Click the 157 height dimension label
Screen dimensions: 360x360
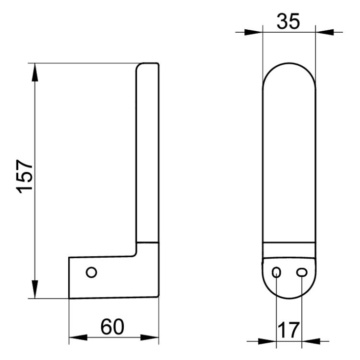[x=25, y=176]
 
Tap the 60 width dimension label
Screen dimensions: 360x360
[x=112, y=326]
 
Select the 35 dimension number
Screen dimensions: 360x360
[x=288, y=21]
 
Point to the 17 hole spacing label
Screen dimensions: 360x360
[x=288, y=330]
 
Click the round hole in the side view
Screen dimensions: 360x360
[x=91, y=272]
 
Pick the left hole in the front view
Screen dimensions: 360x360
[x=276, y=272]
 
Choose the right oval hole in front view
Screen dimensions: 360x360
[x=302, y=272]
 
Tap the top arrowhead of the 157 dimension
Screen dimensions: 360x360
[x=35, y=72]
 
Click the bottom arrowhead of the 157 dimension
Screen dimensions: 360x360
[x=35, y=289]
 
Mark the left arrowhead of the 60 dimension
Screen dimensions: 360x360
[x=78, y=337]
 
